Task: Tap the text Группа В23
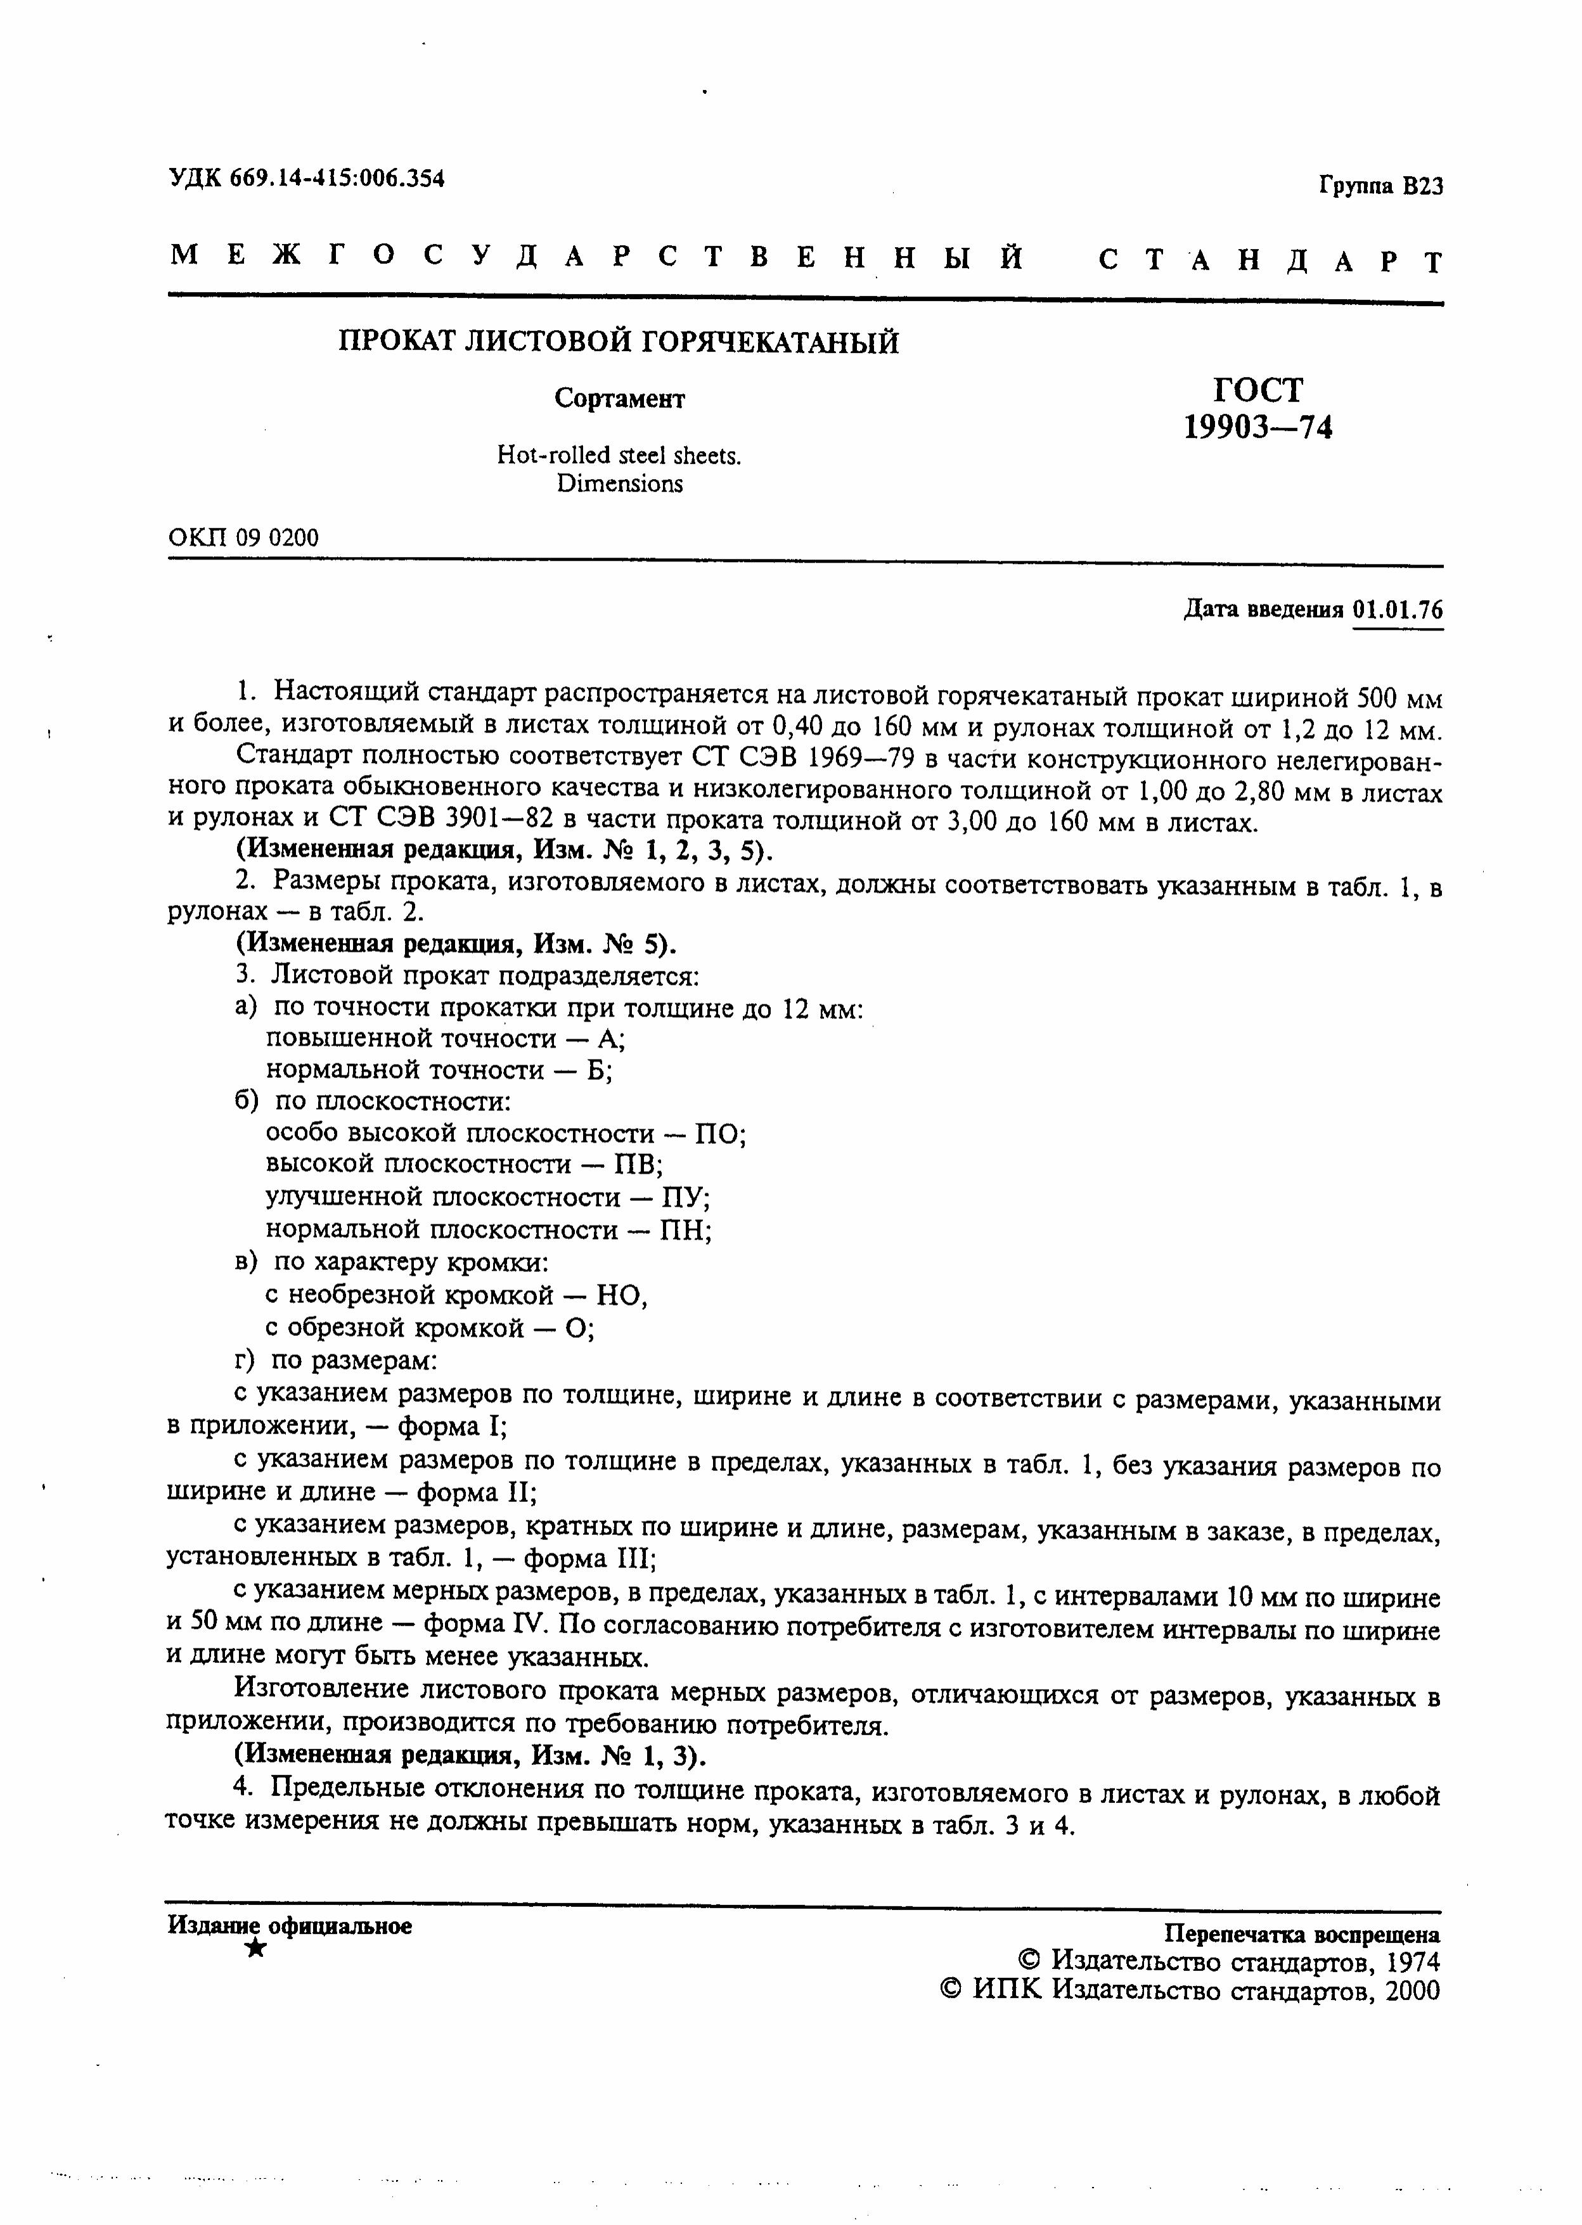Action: click(x=1380, y=186)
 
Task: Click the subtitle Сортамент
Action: click(x=619, y=398)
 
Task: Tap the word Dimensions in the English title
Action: click(x=619, y=484)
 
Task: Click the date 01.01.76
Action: click(x=1397, y=610)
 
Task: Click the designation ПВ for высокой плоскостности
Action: click(x=638, y=1165)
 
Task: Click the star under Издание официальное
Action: click(x=256, y=1947)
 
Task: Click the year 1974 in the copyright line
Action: click(x=1412, y=1961)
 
